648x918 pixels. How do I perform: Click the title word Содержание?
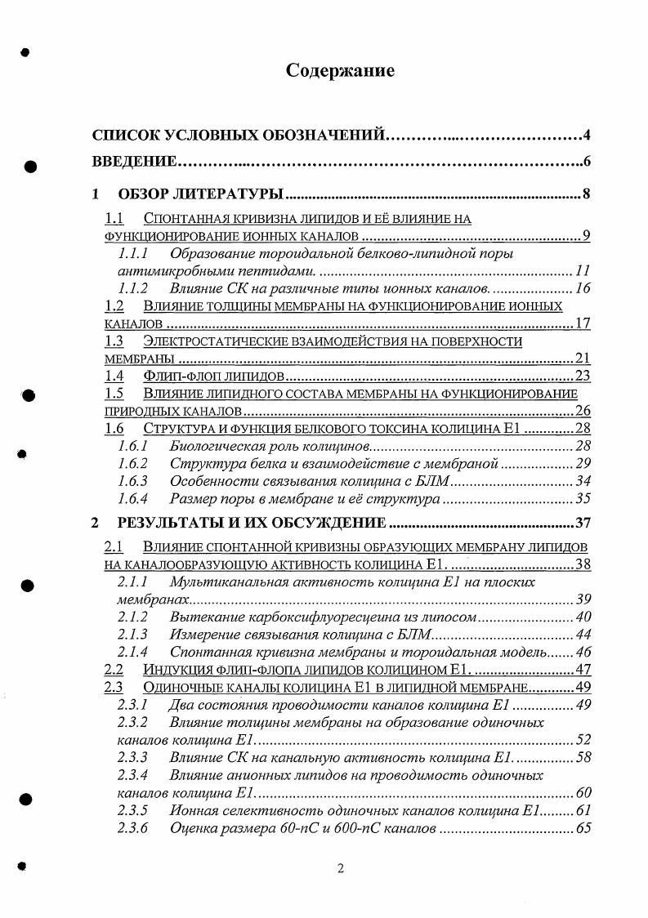tap(340, 71)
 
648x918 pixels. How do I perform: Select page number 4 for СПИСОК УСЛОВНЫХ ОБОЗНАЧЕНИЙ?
tap(586, 134)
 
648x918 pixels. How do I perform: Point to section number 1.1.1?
tap(132, 253)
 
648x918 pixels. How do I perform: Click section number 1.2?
tap(114, 306)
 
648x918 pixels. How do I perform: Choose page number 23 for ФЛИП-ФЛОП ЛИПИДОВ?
tap(582, 376)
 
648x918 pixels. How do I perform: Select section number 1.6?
tap(114, 428)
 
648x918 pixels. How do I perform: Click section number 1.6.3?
tap(132, 481)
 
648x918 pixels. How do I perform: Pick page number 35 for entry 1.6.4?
tap(583, 499)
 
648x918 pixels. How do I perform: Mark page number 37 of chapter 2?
tap(583, 523)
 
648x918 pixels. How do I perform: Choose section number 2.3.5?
tap(132, 811)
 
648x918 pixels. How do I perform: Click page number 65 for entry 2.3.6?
tap(583, 829)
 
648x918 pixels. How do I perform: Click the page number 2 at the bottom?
tap(340, 869)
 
